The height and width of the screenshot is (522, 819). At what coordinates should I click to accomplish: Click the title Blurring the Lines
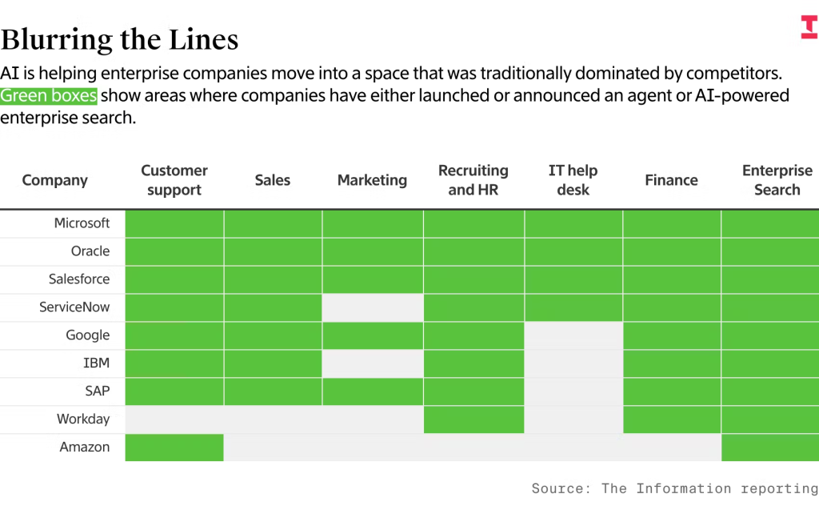pos(119,39)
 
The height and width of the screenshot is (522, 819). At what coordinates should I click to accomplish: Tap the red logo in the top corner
pos(809,26)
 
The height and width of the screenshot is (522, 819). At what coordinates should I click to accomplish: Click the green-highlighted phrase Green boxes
pos(49,96)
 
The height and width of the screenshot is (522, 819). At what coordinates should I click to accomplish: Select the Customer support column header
pos(174,180)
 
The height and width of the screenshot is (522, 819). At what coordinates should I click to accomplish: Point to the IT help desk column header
pos(573,180)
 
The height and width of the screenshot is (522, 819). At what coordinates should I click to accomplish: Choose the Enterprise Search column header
pos(776,180)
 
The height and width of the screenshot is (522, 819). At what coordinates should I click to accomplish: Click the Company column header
pos(55,180)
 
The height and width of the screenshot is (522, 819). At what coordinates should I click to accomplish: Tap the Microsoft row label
pos(82,223)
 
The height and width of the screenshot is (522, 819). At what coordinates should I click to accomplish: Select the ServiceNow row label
pos(74,307)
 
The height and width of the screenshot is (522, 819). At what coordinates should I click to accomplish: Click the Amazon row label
pos(85,448)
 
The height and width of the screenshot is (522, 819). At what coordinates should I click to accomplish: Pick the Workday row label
pos(83,420)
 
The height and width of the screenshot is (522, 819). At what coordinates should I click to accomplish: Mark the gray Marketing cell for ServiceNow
pos(373,307)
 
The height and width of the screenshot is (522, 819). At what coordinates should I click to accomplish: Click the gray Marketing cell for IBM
pos(373,363)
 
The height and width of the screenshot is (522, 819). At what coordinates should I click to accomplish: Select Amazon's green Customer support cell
pos(174,448)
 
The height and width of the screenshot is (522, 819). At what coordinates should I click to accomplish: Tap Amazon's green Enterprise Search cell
pos(770,448)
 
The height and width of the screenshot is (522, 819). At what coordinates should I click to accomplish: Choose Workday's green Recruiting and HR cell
pos(473,420)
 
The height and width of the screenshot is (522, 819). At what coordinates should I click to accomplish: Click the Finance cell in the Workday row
pos(672,420)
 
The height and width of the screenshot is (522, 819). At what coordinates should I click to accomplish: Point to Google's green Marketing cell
pos(373,335)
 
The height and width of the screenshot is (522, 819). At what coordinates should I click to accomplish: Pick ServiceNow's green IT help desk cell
pos(573,307)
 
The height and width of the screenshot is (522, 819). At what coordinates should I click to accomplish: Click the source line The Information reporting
pos(675,488)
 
